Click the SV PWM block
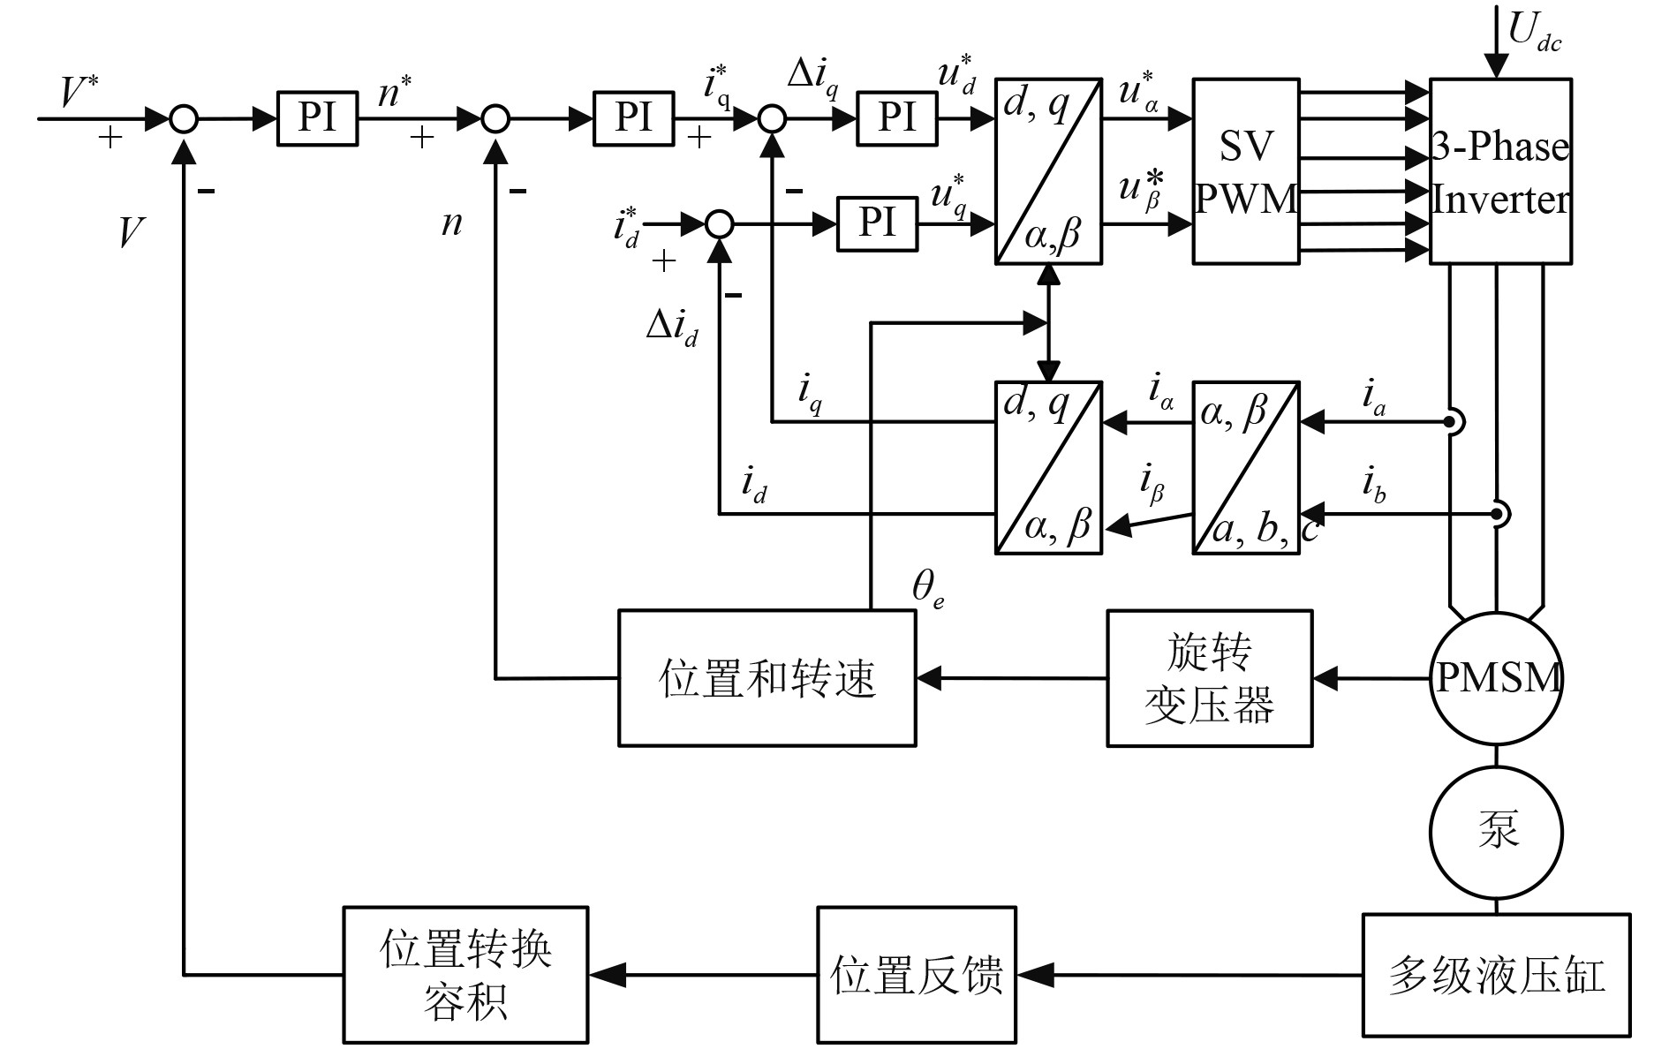coord(1245,171)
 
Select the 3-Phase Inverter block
coord(1499,171)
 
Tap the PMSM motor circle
coord(1496,678)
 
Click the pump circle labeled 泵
coord(1496,832)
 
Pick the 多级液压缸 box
coord(1496,975)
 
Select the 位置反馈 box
coord(917,975)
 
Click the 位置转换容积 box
coord(465,975)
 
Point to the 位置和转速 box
coord(767,678)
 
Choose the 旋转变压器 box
coord(1209,678)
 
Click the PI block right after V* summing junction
coord(317,117)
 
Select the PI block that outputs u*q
coord(877,224)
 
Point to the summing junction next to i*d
coord(720,224)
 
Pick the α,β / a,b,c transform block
coord(1245,468)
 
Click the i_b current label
coord(1373,486)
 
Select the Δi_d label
coord(671,328)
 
